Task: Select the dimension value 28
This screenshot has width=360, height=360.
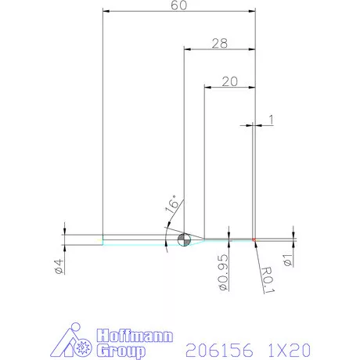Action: pos(219,44)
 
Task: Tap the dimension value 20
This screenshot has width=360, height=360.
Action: pos(229,81)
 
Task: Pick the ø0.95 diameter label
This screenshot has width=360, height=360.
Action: pos(223,273)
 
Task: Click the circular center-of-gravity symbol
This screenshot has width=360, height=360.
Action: pos(185,239)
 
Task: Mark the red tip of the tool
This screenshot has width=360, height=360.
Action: pos(255,239)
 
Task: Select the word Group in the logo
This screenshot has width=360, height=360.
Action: pos(119,350)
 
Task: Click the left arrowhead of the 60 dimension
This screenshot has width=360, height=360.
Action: pos(107,11)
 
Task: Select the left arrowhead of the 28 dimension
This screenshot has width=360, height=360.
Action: pos(187,49)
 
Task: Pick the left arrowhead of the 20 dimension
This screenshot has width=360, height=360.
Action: pos(207,85)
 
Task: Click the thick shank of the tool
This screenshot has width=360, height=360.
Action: pos(141,239)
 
